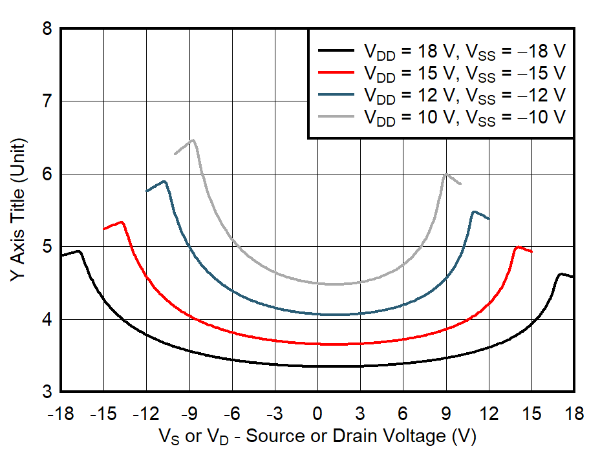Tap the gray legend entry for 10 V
(x=464, y=117)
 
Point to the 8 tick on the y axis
(x=46, y=29)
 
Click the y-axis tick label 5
(x=46, y=248)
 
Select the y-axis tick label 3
(x=46, y=392)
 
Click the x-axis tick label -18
(x=61, y=413)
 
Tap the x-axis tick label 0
(x=317, y=413)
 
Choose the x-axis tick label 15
(x=531, y=413)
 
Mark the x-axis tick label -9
(x=189, y=413)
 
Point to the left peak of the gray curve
(x=192, y=140)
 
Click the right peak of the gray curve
(x=445, y=174)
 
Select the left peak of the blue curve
(x=164, y=182)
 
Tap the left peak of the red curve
(x=122, y=222)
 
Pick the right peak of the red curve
(x=517, y=247)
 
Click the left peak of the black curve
(x=79, y=251)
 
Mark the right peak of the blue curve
(x=474, y=211)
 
